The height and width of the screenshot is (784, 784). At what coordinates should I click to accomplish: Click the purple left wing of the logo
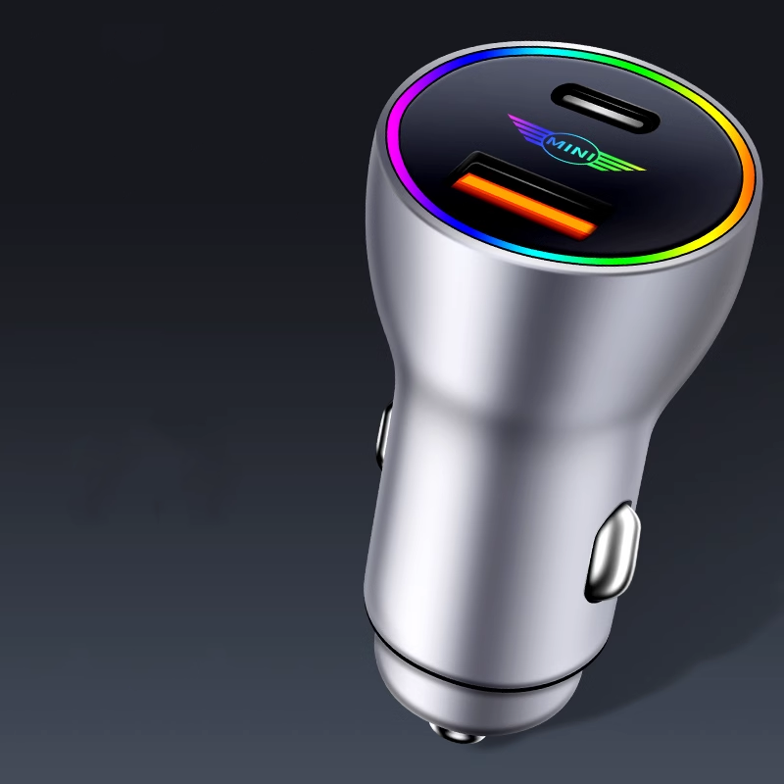coord(525,128)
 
